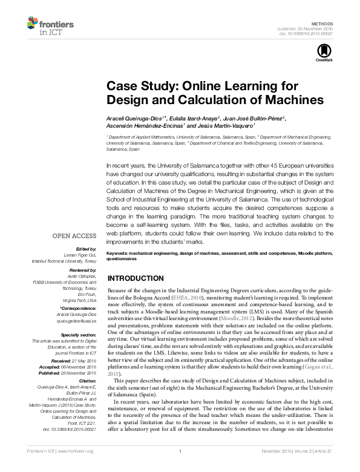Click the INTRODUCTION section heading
[x=140, y=278]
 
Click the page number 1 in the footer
[x=180, y=468]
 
